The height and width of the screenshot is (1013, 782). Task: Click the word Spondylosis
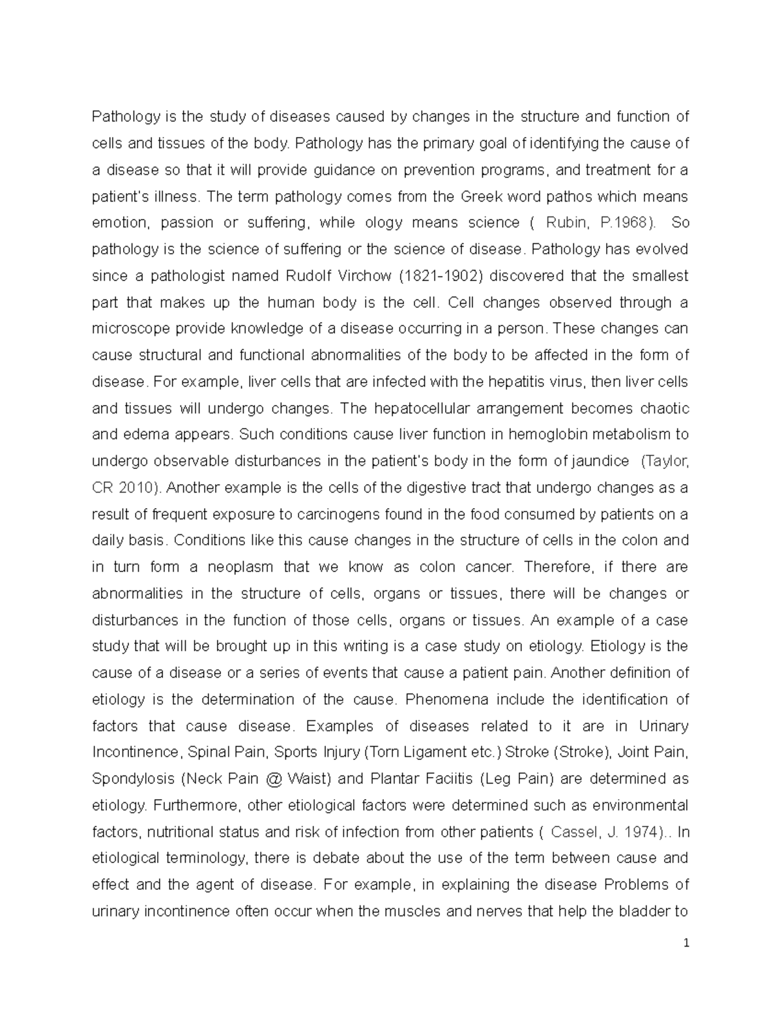click(134, 779)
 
